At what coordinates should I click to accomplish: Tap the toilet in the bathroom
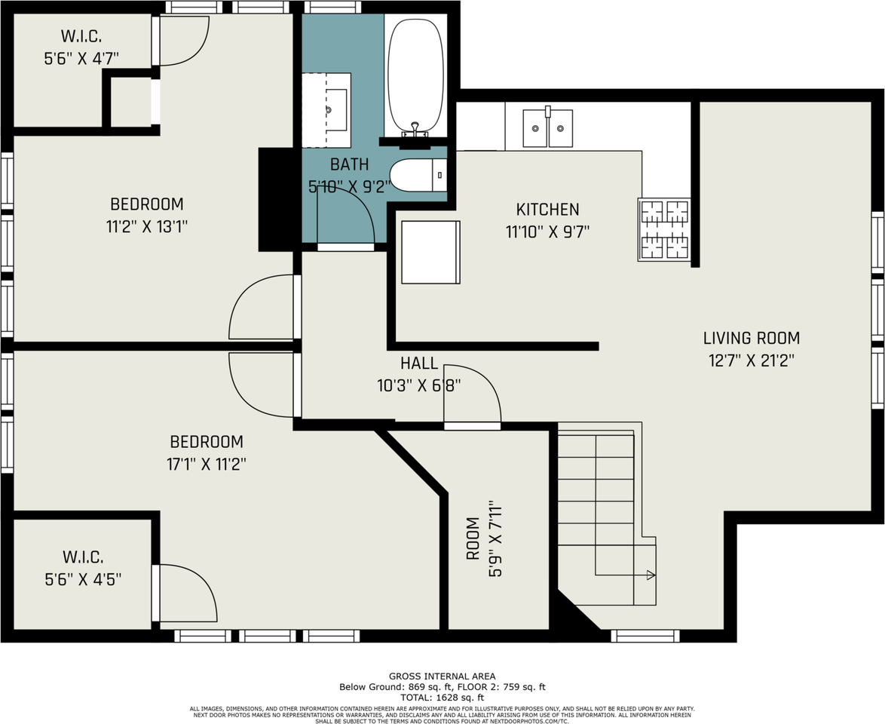click(x=418, y=175)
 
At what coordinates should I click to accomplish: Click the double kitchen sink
click(x=547, y=128)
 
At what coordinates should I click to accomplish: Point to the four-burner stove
click(x=663, y=229)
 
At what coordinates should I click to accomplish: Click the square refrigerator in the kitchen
click(x=430, y=252)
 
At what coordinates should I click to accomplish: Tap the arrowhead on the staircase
click(x=651, y=575)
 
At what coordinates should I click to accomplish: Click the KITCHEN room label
click(x=547, y=210)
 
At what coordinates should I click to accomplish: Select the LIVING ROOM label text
click(x=752, y=339)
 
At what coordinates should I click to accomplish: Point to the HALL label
click(x=419, y=363)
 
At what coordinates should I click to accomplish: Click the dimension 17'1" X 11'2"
click(x=207, y=465)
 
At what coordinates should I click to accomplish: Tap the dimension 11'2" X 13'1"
click(x=147, y=227)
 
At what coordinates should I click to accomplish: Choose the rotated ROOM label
click(x=473, y=538)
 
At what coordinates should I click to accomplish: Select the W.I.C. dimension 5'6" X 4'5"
click(x=84, y=579)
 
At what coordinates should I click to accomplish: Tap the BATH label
click(x=349, y=164)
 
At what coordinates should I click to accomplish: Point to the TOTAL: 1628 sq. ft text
click(x=442, y=698)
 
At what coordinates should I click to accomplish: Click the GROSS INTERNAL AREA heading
click(x=442, y=676)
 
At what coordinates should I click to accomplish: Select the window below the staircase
click(x=645, y=637)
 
